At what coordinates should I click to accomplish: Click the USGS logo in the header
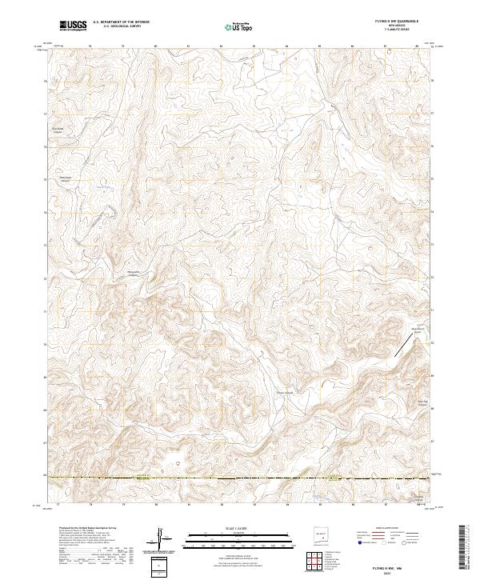click(x=73, y=26)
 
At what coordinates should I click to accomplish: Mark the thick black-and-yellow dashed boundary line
click(x=240, y=478)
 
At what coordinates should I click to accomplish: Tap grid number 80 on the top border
click(x=155, y=45)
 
